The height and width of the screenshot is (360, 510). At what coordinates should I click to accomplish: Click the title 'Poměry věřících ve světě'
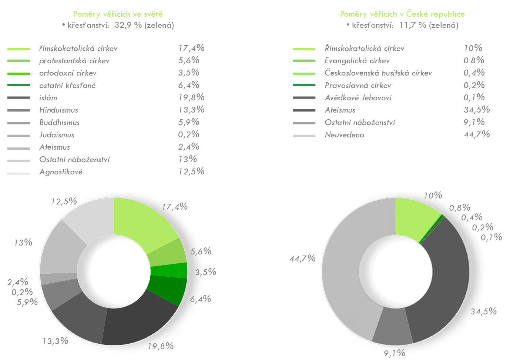tap(118, 14)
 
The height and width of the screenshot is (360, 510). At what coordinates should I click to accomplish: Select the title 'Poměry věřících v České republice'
tap(402, 14)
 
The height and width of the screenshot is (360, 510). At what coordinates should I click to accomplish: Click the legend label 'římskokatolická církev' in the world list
tap(78, 49)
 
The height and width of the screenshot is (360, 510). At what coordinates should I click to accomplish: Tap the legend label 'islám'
tap(48, 98)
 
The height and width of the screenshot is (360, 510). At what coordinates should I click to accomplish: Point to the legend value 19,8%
tap(191, 97)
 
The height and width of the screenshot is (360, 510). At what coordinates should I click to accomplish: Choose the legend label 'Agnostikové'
tap(61, 172)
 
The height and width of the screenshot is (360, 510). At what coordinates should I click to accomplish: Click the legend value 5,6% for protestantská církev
tap(188, 60)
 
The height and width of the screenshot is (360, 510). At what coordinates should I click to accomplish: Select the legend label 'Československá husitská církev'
tap(378, 73)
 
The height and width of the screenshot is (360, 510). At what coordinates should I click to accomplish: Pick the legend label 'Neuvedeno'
tap(344, 135)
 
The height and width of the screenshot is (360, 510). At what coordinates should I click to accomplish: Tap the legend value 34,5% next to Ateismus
tap(476, 110)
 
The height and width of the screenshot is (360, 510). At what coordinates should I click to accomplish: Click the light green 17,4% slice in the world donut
tap(144, 220)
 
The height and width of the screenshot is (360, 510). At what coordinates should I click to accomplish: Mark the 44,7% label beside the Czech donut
tap(302, 259)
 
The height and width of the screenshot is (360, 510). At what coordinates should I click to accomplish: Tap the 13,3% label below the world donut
tap(55, 341)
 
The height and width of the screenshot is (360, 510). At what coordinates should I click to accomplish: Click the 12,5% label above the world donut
tap(64, 201)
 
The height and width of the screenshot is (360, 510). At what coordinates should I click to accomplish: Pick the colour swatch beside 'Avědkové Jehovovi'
tap(304, 98)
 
